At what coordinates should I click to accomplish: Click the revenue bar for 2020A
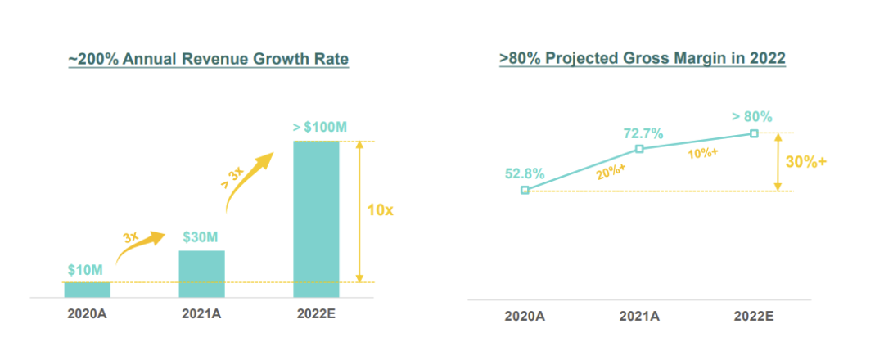[x=87, y=289]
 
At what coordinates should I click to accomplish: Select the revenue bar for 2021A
[x=201, y=273]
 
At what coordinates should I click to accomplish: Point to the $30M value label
[x=201, y=238]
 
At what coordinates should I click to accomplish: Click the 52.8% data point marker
[x=525, y=190]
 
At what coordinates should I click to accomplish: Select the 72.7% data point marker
[x=639, y=149]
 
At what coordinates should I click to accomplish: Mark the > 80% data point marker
[x=754, y=133]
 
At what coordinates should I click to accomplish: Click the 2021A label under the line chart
[x=639, y=315]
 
